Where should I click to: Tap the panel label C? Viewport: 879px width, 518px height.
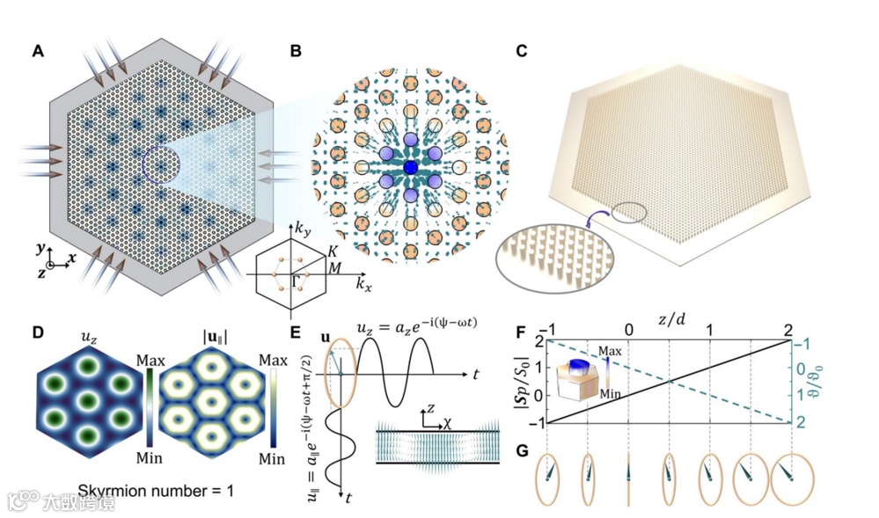522,51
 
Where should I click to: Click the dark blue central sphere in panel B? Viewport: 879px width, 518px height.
410,167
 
